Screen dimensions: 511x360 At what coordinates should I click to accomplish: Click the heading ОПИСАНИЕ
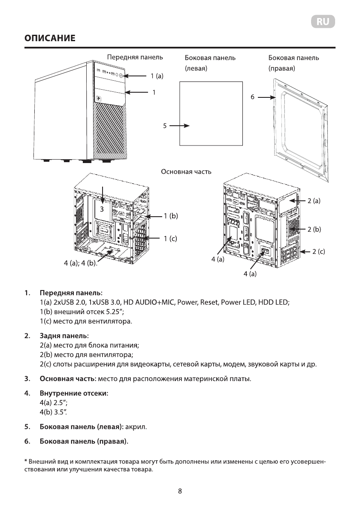pos(50,39)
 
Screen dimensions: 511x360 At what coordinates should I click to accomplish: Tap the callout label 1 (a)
pos(157,76)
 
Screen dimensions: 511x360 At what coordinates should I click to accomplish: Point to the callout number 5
pos(164,126)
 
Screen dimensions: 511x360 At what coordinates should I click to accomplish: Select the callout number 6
pos(253,97)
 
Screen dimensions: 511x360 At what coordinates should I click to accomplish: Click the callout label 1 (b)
pos(170,216)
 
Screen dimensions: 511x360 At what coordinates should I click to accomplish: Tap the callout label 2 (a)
pos(314,200)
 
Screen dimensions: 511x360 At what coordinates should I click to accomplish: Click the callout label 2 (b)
pos(314,229)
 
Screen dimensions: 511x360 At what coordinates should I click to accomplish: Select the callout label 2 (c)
pos(318,251)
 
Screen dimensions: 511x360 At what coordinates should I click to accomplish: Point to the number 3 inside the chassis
pos(102,209)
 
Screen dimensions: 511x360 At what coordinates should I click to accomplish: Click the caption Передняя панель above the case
pos(135,57)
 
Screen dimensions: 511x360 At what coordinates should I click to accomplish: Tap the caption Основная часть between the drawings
pos(186,172)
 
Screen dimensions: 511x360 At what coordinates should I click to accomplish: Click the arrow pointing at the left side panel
pos(179,126)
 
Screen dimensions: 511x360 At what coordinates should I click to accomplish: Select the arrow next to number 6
pos(266,97)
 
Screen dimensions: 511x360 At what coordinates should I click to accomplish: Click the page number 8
pos(180,492)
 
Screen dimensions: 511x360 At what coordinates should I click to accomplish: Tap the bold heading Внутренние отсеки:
pos(74,393)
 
